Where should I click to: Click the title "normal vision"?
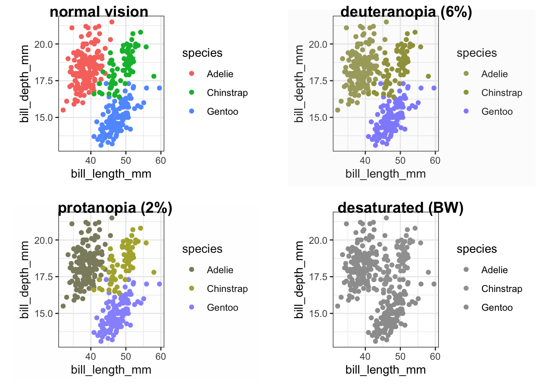99,12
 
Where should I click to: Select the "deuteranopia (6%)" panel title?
406,12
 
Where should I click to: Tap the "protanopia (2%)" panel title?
115,208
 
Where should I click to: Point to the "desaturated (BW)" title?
400,208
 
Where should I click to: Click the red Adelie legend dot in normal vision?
192,73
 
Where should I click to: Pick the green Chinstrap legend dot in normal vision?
192,92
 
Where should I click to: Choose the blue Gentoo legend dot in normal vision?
192,111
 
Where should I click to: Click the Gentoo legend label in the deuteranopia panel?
497,111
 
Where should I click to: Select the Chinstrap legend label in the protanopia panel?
227,289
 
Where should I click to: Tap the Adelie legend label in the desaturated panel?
494,270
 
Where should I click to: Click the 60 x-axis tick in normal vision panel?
161,160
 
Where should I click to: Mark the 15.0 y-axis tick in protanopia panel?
44,314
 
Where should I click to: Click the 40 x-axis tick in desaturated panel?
365,356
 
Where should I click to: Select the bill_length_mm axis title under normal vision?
111,174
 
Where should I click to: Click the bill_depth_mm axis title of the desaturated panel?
299,280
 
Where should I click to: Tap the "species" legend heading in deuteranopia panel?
477,53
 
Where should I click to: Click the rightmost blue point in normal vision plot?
159,88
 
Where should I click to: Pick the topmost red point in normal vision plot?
112,22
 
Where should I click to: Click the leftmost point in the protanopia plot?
63,306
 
